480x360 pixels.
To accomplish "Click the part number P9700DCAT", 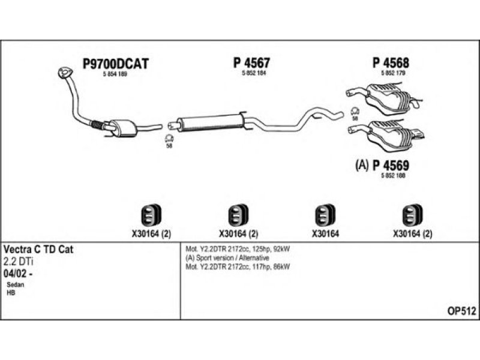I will point(115,62).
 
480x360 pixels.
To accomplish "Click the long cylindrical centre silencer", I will point(210,122).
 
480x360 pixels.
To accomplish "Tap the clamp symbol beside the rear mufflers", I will point(355,112).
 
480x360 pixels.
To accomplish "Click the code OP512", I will point(462,310).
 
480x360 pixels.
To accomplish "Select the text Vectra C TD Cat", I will point(39,248).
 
